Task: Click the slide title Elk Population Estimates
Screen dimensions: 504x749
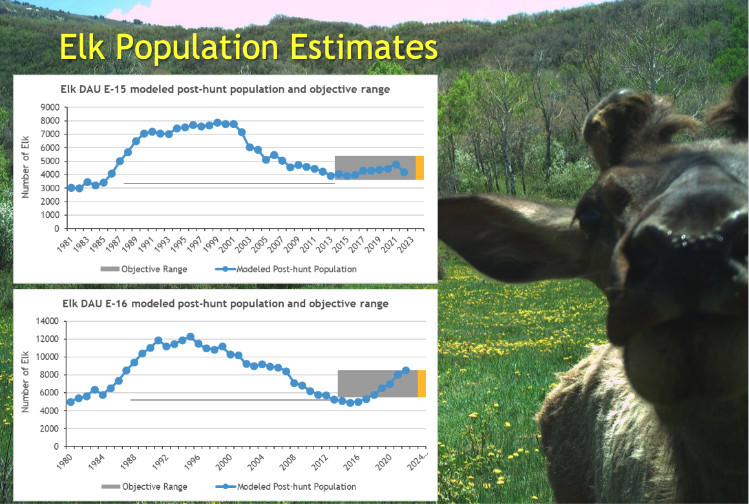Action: tap(248, 47)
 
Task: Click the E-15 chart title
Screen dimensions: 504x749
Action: tap(225, 89)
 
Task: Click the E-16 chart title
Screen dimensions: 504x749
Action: tap(225, 304)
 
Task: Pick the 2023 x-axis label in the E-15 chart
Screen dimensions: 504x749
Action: tap(404, 244)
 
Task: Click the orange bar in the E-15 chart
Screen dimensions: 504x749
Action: tap(419, 168)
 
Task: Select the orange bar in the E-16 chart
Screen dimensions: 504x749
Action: tap(421, 384)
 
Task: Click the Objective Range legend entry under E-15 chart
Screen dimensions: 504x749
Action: tap(143, 269)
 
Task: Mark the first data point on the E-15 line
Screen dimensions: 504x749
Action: tap(71, 187)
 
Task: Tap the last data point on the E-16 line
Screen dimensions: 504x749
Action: tap(406, 370)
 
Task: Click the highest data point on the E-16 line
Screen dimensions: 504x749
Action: tap(190, 337)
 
